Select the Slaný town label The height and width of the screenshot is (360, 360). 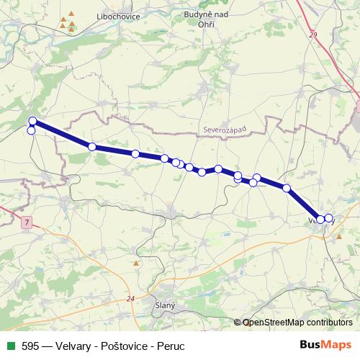(165, 306)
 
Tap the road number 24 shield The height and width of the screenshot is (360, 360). (130, 299)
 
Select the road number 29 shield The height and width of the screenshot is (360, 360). (312, 35)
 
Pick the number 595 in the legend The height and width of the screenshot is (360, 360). (31, 346)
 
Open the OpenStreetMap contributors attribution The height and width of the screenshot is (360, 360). (297, 323)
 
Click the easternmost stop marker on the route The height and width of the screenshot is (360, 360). (329, 218)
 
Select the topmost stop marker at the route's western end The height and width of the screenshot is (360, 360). (32, 120)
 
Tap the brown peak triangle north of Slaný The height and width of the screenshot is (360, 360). (136, 263)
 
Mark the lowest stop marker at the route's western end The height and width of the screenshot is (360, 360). (31, 130)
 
